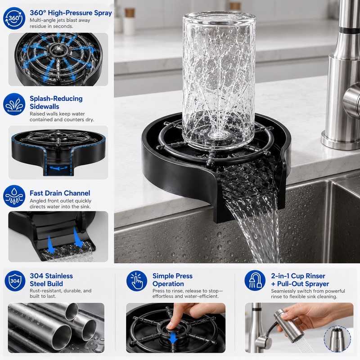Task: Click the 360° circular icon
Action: [14, 18]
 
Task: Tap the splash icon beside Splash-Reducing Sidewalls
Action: [14, 104]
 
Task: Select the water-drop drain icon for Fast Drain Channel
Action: [14, 196]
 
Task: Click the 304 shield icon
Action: [15, 281]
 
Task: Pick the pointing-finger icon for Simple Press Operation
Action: [137, 281]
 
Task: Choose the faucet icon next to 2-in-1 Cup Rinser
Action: [255, 281]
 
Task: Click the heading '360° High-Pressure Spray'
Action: [71, 13]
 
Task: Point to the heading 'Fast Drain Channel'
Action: [60, 193]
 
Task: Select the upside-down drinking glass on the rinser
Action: [219, 81]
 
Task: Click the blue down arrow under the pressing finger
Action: [173, 337]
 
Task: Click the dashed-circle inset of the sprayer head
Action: [337, 339]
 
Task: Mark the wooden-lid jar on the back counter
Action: [129, 21]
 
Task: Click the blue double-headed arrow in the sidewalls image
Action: [59, 168]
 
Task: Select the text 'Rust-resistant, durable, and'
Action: [61, 291]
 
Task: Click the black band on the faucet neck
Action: [350, 30]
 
